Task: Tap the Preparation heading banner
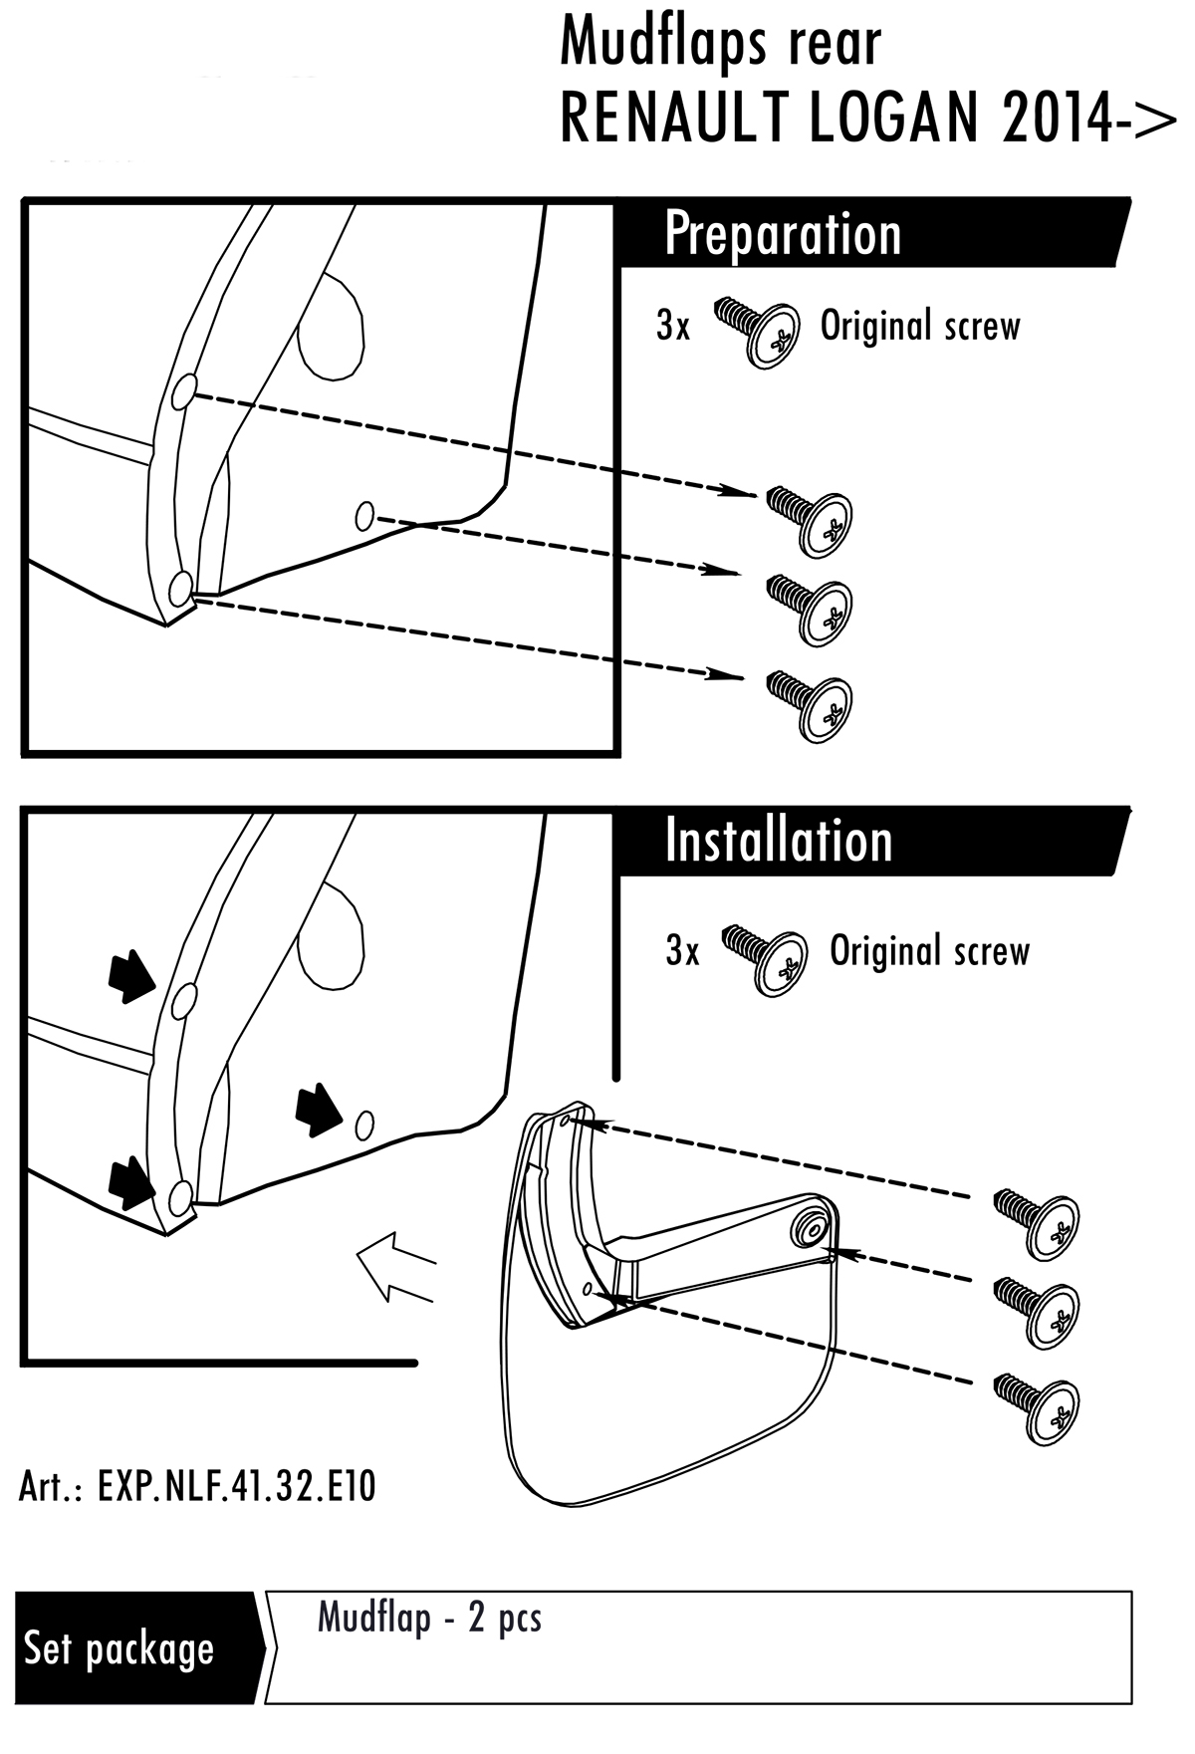[x=782, y=234]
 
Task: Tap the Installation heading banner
[x=778, y=842]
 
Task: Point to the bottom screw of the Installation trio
[x=1039, y=1405]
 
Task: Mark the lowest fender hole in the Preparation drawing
[x=180, y=590]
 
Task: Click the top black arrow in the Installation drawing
[x=130, y=975]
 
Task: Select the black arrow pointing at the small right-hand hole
[x=320, y=1109]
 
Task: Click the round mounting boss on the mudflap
[x=808, y=1227]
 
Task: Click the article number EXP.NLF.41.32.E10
[x=197, y=1487]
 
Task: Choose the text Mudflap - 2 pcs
[x=429, y=1618]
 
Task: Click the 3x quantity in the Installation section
[x=682, y=951]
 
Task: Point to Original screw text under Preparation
[x=920, y=327]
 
